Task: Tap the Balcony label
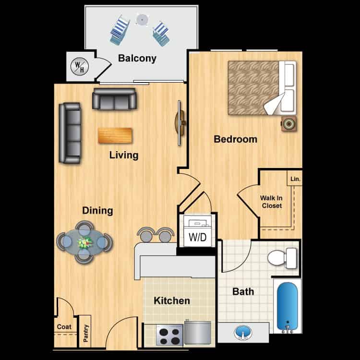pos(137,59)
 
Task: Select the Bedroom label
pos(235,140)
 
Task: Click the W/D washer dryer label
pos(197,238)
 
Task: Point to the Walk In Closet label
pos(271,202)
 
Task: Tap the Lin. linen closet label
pos(295,179)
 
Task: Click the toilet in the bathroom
pos(283,258)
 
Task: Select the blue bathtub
pos(288,306)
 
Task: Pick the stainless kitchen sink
pos(197,332)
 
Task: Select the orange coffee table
pos(115,135)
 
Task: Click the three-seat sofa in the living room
pos(69,132)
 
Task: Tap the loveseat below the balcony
pos(115,99)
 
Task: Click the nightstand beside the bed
pos(289,123)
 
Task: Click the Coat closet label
pos(64,327)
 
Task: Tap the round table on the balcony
pos(142,19)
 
